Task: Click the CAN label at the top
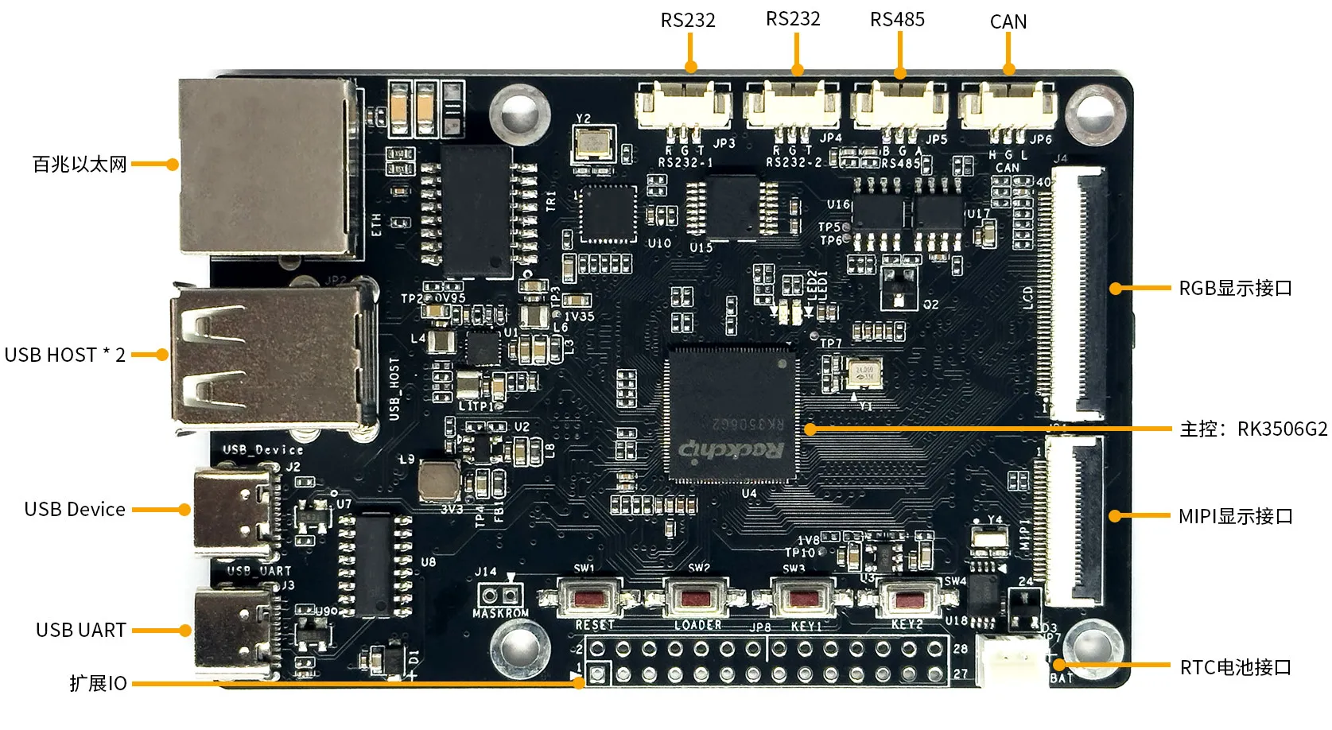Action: coord(1008,22)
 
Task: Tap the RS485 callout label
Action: coord(897,20)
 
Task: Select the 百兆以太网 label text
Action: coord(80,165)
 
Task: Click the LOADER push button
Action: coord(697,597)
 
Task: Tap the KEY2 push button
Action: coord(907,599)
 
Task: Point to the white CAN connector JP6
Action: coord(1008,106)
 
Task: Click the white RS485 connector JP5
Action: coord(899,106)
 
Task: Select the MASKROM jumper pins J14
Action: coord(500,596)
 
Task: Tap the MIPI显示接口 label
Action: coord(1235,517)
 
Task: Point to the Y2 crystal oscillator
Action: coord(593,144)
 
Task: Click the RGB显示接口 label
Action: coord(1235,289)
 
